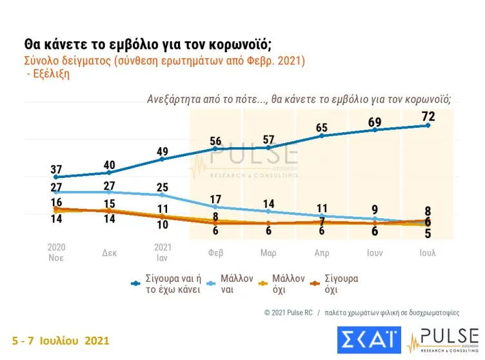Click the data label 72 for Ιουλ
point(428,117)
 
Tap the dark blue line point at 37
point(56,177)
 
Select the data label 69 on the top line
point(375,122)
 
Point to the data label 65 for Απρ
point(321,128)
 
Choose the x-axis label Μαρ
point(268,252)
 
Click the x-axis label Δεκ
point(109,252)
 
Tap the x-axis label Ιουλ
point(428,252)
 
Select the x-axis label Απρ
point(321,252)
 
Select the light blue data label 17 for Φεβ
point(215,199)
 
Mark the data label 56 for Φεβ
point(215,141)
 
